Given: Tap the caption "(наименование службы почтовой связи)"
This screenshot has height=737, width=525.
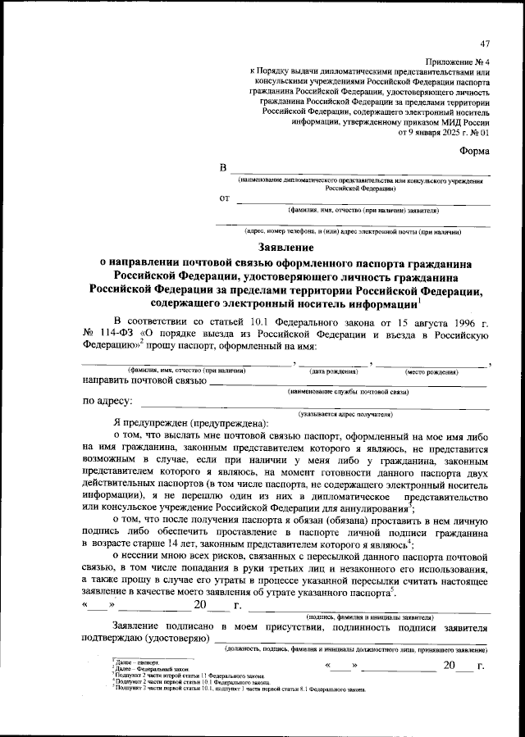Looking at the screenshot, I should coord(348,392).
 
